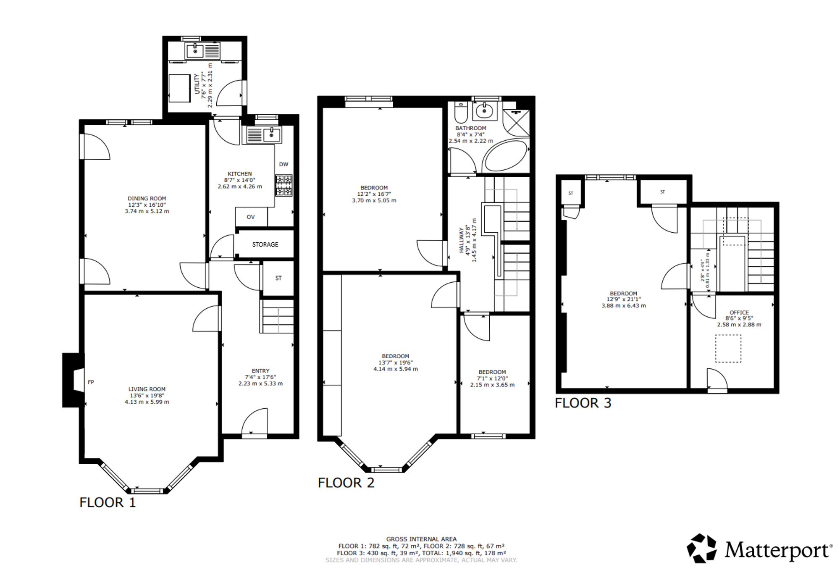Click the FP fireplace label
91,382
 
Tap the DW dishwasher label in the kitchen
283,164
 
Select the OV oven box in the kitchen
251,217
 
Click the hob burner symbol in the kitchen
283,185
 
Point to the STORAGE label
265,244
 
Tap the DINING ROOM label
147,199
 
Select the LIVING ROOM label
147,389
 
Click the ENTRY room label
260,371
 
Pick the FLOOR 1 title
108,502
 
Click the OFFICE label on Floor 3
739,313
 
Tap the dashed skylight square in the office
728,348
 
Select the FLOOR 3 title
583,403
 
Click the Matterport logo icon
701,548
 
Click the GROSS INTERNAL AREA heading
421,539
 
